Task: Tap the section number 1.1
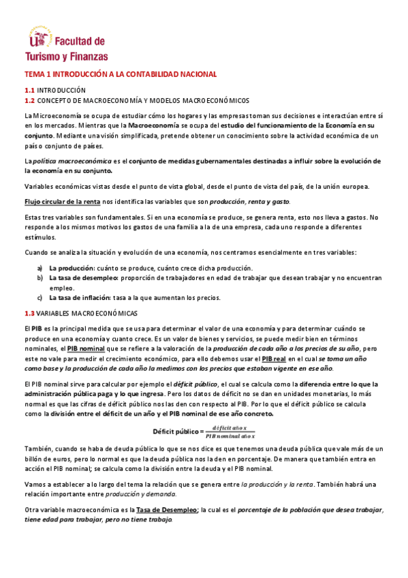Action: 29,90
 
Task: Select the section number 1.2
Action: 29,100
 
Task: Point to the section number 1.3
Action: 29,313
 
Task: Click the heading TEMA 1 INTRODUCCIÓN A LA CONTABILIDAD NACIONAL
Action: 121,74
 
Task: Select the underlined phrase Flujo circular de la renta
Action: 63,202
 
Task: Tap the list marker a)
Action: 40,268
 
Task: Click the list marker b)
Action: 40,278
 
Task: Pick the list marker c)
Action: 40,297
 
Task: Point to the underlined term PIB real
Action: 275,359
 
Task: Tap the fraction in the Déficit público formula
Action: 230,431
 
